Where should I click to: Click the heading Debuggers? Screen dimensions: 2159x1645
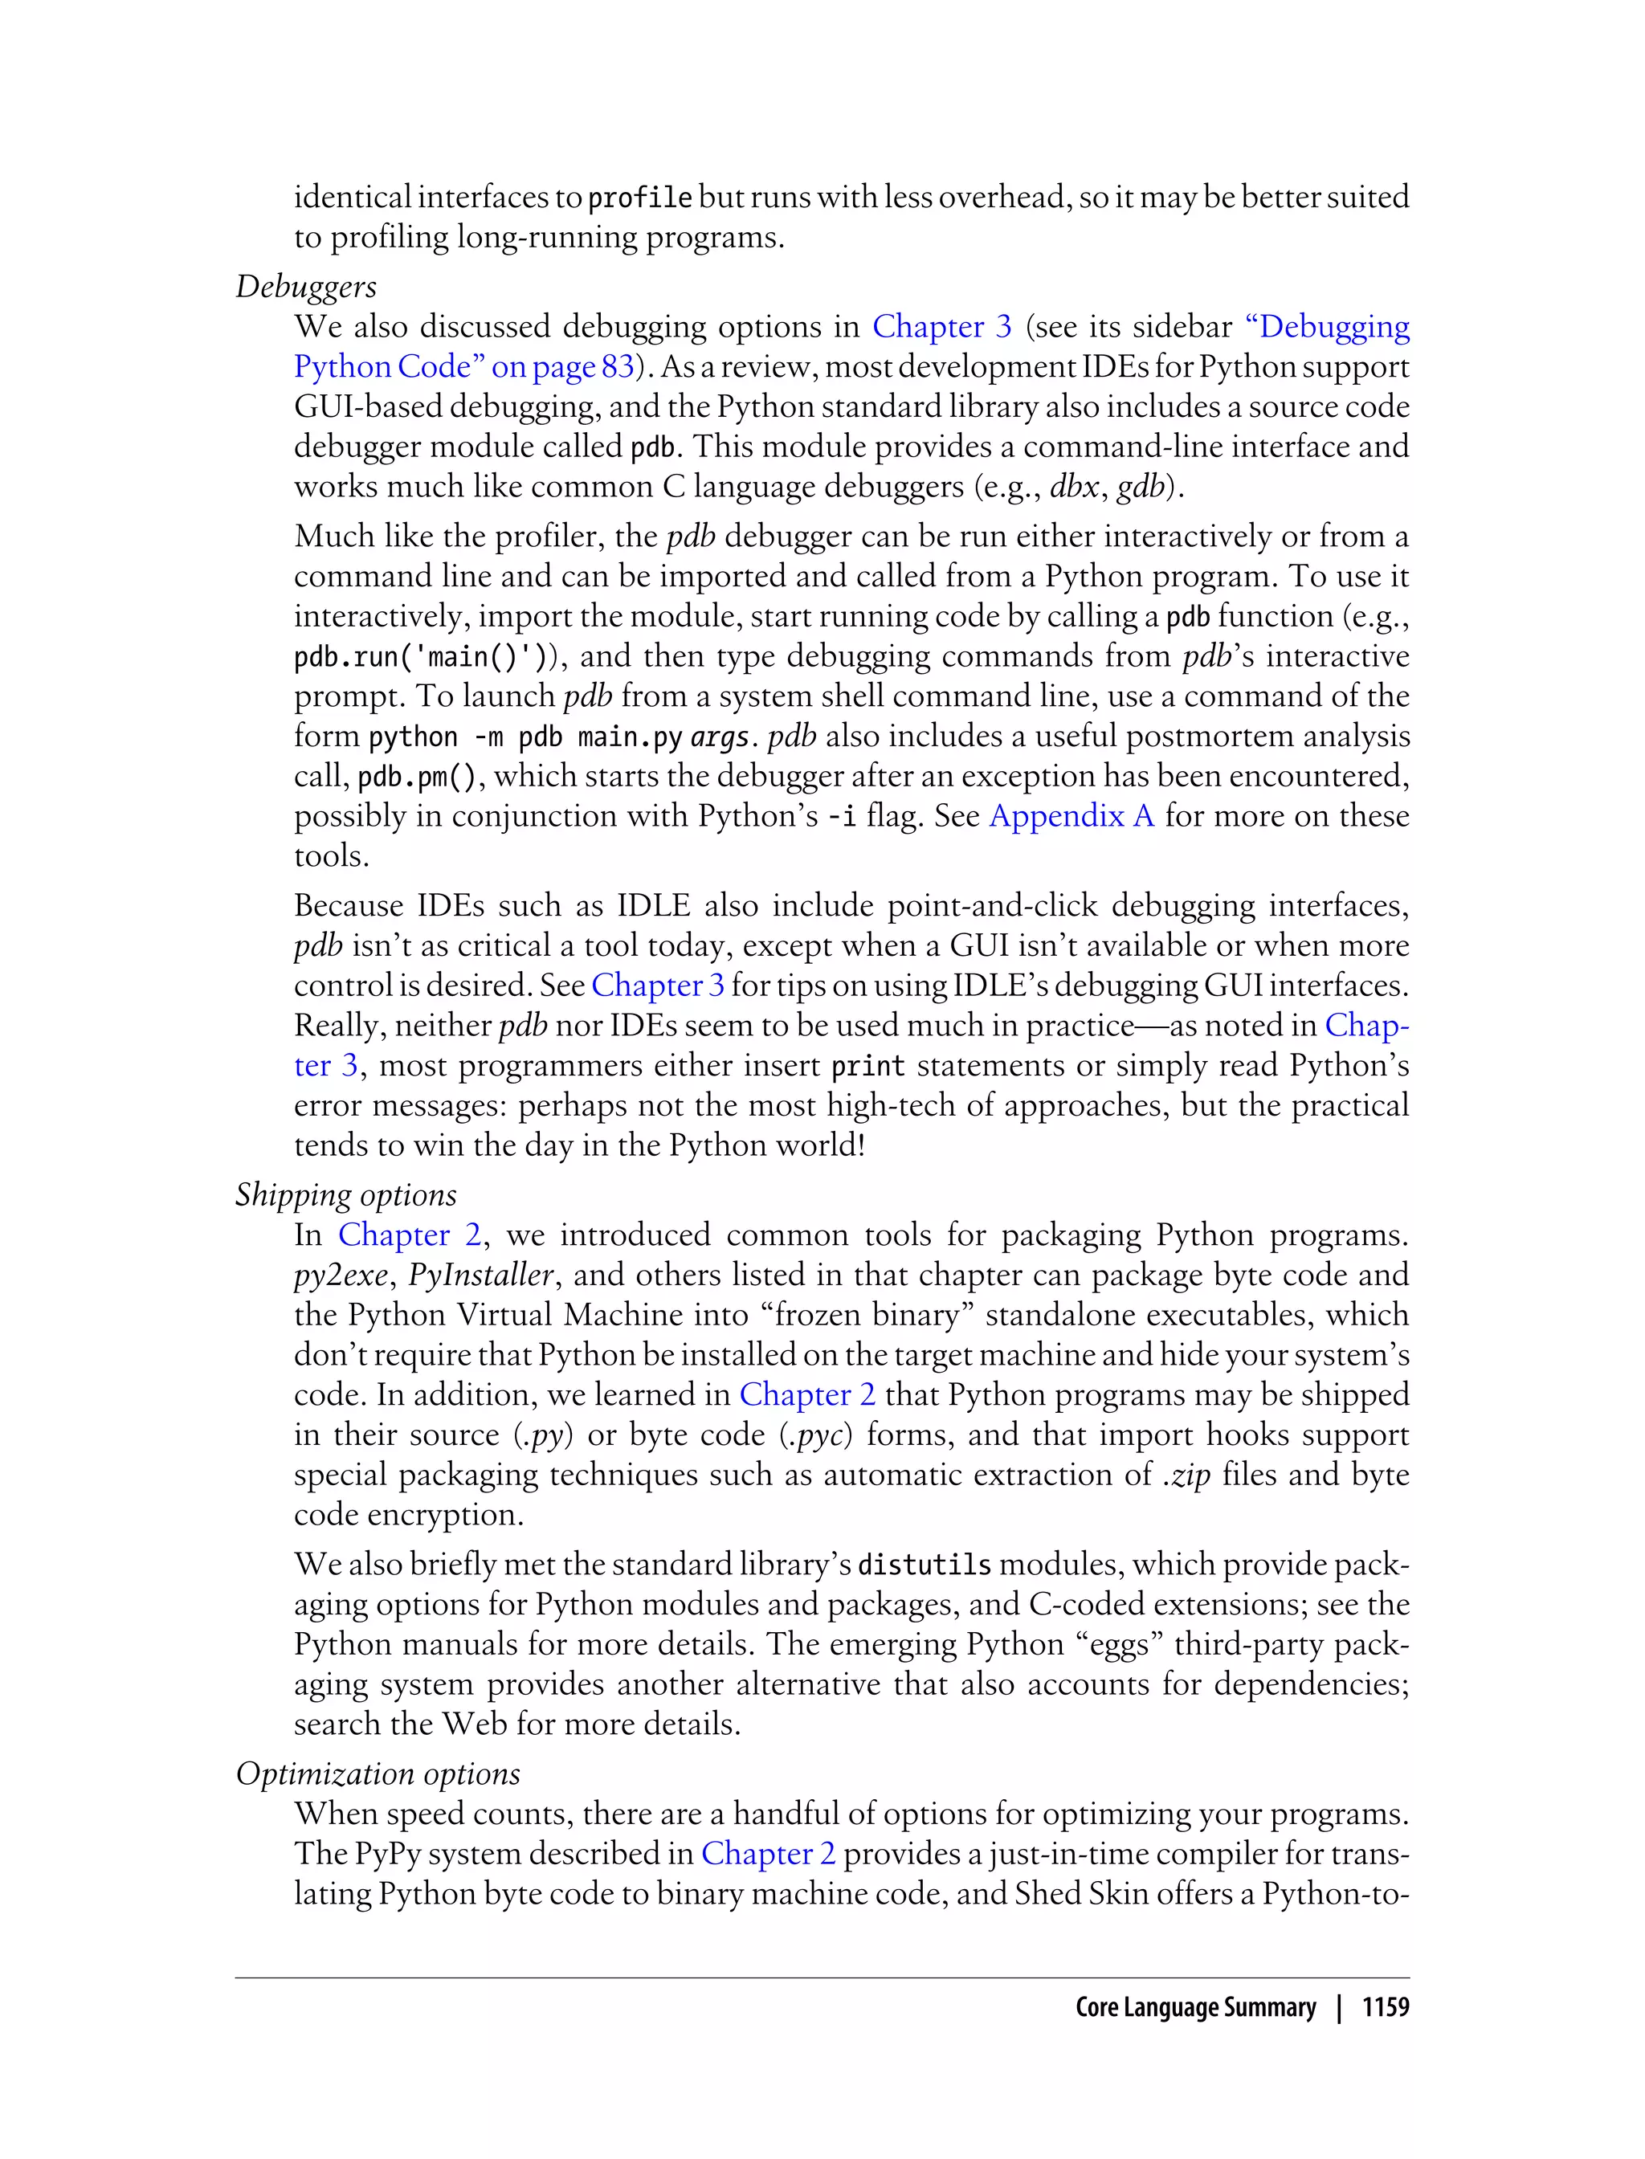point(305,287)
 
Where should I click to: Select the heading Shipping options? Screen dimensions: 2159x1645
point(345,1194)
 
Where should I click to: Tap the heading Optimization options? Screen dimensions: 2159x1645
point(378,1773)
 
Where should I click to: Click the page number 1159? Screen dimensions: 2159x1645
point(1385,2006)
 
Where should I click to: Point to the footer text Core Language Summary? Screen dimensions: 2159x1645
point(1194,2006)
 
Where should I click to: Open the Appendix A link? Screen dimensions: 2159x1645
point(1071,815)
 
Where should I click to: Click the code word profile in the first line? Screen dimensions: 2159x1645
point(639,198)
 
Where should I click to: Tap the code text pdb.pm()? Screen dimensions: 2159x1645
point(415,777)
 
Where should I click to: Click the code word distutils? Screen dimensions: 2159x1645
point(925,1565)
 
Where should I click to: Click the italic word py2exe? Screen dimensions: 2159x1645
point(341,1275)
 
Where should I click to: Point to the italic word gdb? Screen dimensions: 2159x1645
point(1139,487)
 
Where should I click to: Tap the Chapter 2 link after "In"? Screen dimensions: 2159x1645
point(410,1235)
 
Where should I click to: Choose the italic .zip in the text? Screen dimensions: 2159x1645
point(1186,1475)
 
